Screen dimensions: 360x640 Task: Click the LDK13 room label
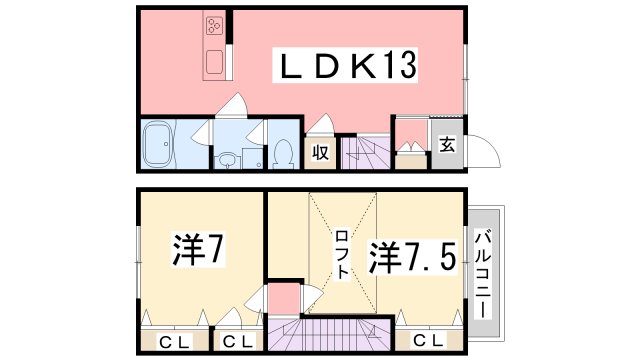click(346, 68)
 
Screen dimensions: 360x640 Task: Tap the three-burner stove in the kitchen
click(217, 27)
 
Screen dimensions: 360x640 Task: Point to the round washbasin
click(227, 158)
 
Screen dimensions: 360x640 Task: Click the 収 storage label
click(319, 152)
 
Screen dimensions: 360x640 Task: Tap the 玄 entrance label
click(445, 145)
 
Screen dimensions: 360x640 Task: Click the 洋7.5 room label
click(416, 256)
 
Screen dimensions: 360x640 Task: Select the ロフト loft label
click(341, 255)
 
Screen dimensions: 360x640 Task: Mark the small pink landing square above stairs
click(284, 298)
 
